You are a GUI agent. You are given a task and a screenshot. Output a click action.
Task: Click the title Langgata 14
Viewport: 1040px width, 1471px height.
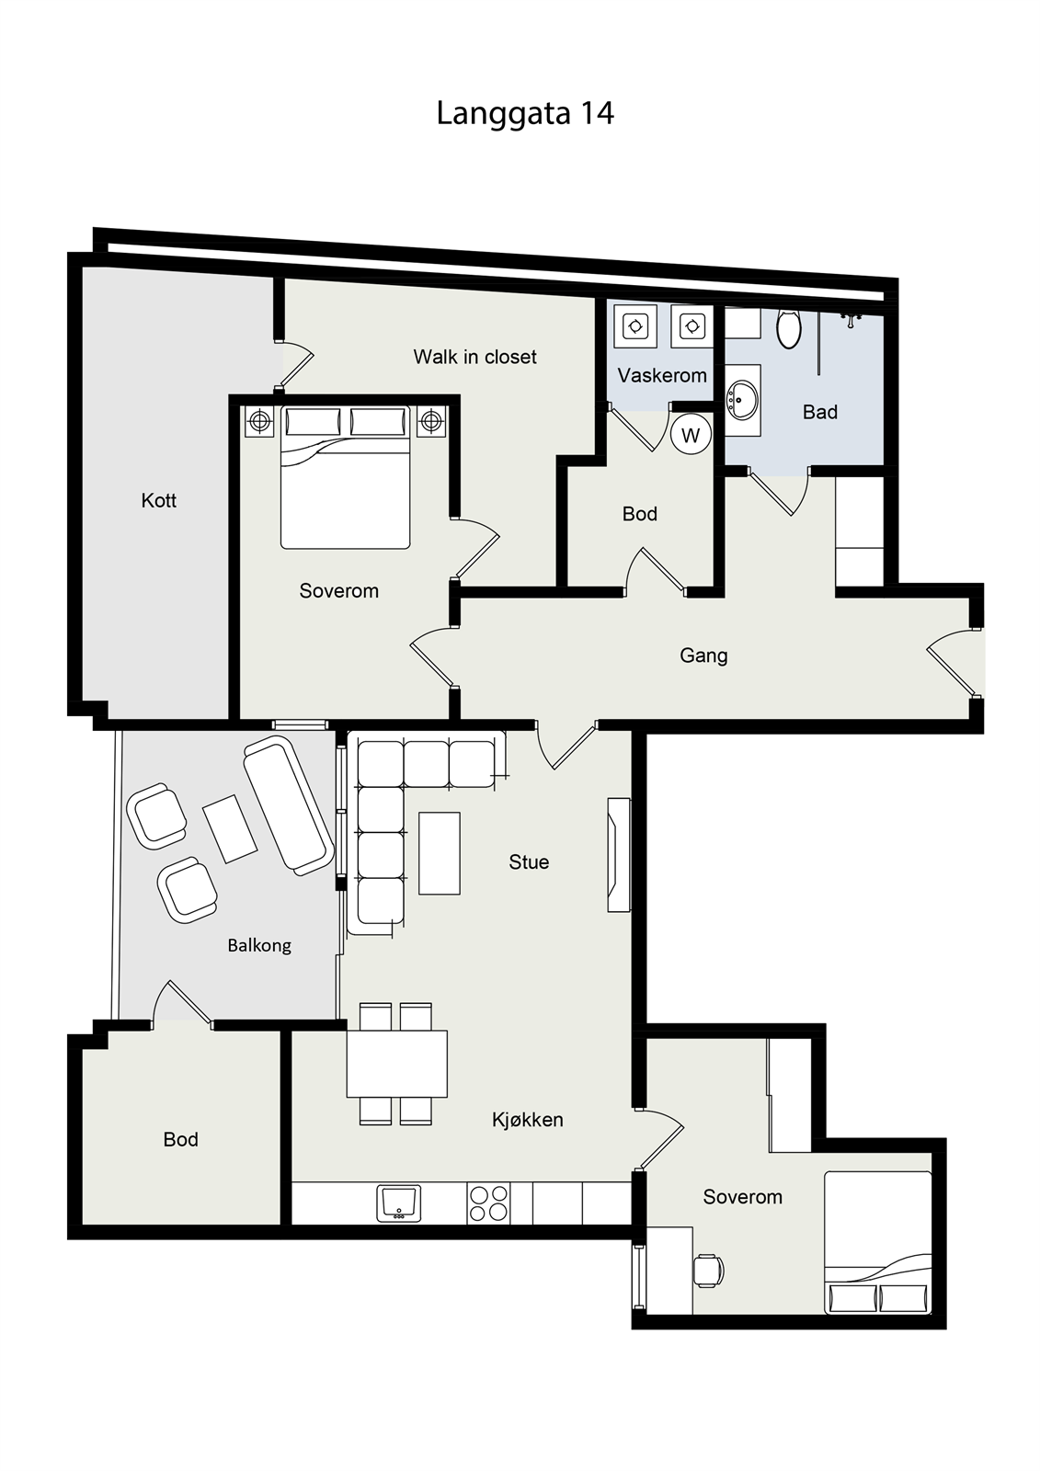click(x=525, y=114)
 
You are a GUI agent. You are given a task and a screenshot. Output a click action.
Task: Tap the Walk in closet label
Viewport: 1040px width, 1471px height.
click(x=475, y=357)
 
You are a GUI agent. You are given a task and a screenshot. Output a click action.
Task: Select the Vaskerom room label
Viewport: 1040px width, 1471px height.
click(x=662, y=376)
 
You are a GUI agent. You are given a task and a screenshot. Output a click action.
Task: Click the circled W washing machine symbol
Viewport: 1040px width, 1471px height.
click(x=691, y=435)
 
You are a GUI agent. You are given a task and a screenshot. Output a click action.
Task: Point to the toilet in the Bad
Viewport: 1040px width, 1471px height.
click(x=789, y=328)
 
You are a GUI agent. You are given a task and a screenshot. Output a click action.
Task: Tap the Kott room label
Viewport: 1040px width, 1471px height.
click(x=159, y=500)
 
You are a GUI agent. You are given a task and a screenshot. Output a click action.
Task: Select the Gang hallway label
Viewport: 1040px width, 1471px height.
click(x=703, y=656)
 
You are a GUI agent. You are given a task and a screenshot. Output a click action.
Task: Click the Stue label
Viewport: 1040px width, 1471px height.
click(x=529, y=862)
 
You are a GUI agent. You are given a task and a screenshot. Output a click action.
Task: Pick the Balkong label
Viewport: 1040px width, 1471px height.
click(x=258, y=946)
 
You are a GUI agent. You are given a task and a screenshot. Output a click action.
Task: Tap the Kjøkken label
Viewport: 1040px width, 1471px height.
click(x=528, y=1120)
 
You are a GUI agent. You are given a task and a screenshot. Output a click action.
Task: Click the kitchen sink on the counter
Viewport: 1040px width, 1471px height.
click(x=399, y=1203)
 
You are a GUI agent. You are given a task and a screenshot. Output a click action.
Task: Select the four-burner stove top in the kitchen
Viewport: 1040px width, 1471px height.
click(x=488, y=1203)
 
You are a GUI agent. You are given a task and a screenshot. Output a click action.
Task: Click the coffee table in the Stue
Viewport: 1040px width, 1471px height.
click(x=440, y=853)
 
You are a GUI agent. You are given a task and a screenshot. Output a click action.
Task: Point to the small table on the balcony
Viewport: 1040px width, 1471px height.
click(x=229, y=828)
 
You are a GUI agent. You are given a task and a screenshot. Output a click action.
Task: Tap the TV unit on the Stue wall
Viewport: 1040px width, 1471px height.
click(x=619, y=854)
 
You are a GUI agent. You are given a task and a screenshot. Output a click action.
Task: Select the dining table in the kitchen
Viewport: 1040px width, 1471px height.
click(x=397, y=1064)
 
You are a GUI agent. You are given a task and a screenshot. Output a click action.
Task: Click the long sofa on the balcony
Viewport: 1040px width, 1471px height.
click(x=289, y=804)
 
